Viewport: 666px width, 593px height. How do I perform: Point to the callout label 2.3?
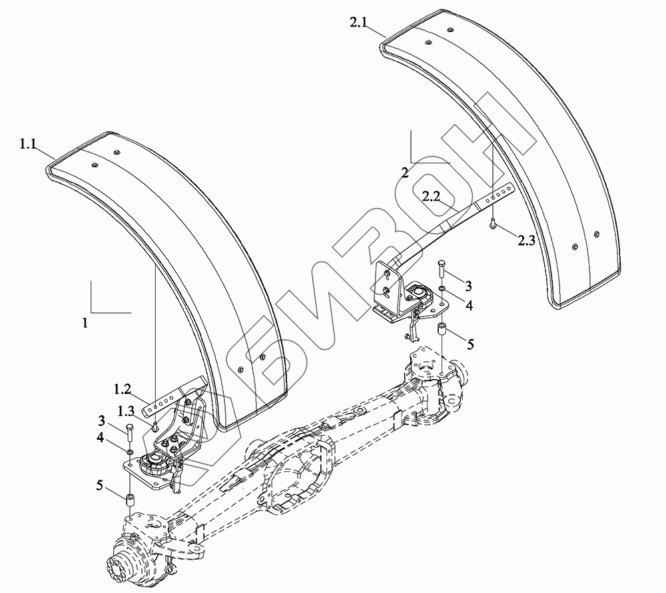[525, 241]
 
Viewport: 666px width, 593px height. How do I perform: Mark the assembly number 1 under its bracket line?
[85, 322]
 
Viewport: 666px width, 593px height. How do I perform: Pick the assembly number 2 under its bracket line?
[405, 173]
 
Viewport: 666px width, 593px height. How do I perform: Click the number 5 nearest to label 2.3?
[470, 344]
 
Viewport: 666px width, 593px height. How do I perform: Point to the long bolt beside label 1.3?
[128, 433]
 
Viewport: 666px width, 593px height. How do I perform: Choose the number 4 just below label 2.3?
[469, 306]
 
